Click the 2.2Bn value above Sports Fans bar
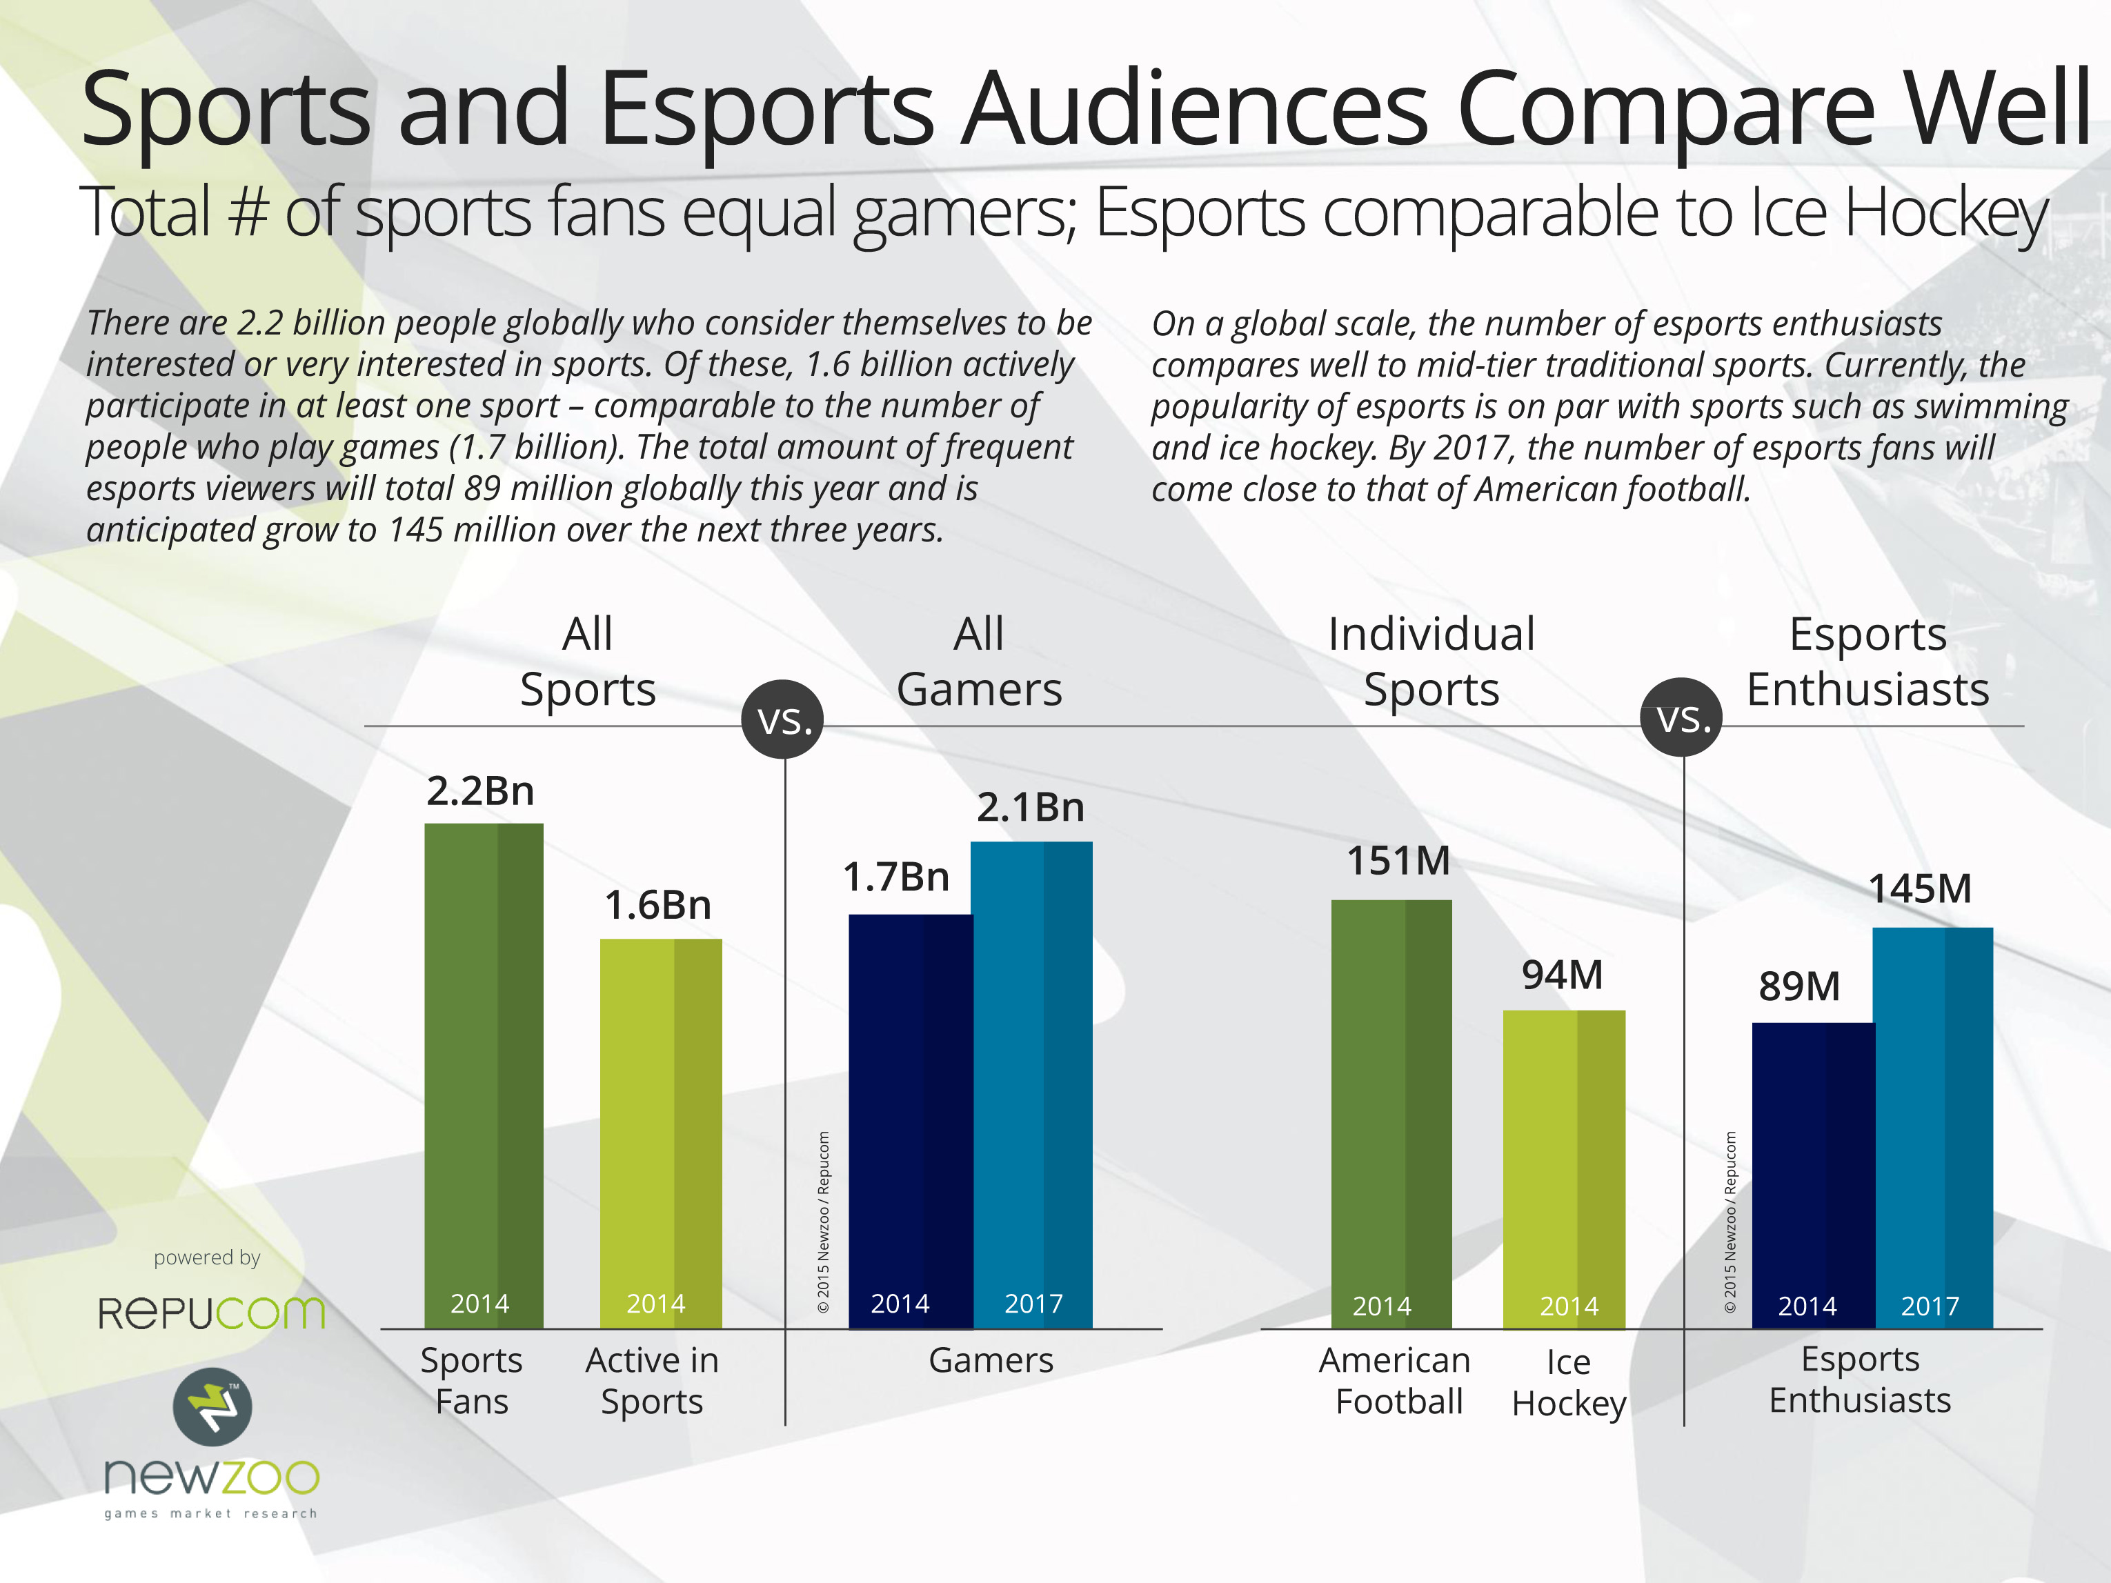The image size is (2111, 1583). tap(480, 791)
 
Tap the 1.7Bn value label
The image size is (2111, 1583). tap(895, 877)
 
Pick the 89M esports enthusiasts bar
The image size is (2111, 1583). tap(1812, 1175)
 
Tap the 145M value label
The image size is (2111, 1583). tap(1919, 889)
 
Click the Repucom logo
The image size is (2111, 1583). tap(212, 1313)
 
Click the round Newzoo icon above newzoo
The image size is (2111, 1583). tap(212, 1406)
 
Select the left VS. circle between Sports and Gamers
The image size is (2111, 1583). tap(784, 720)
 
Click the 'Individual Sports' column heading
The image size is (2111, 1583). tap(1431, 661)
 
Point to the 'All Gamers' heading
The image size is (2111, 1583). tap(979, 661)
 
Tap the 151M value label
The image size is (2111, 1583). tap(1398, 862)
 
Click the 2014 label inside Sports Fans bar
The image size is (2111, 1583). tap(480, 1304)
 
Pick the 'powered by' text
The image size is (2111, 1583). tap(207, 1257)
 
